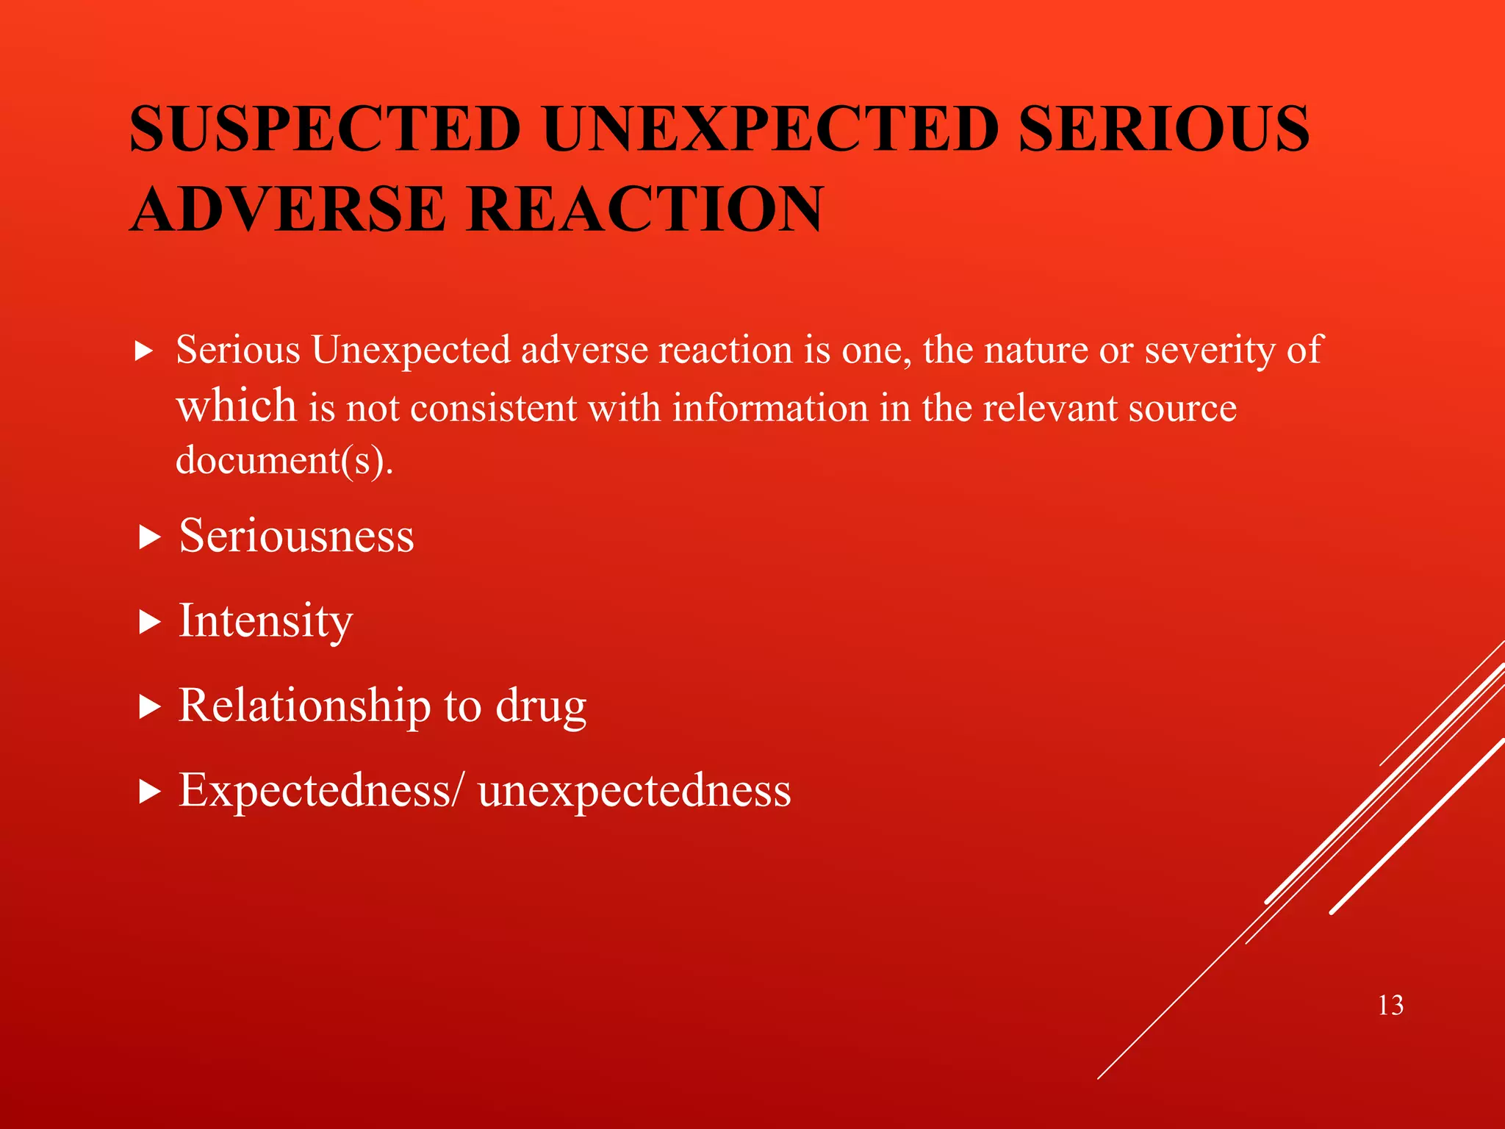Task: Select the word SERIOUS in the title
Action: [1164, 129]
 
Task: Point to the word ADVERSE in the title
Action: [288, 209]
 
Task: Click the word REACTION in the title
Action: [644, 209]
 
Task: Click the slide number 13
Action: [1390, 1005]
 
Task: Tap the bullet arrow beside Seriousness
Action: [149, 537]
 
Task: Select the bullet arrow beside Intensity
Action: [149, 623]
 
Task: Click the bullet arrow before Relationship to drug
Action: [149, 707]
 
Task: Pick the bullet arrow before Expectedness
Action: [149, 792]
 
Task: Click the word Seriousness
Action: [297, 536]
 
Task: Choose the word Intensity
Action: [266, 622]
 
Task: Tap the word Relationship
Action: [304, 706]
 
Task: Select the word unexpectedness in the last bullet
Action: [634, 791]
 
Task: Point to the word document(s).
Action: [284, 461]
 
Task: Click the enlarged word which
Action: [236, 406]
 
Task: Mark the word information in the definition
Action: [770, 408]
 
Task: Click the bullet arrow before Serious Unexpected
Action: [144, 351]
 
